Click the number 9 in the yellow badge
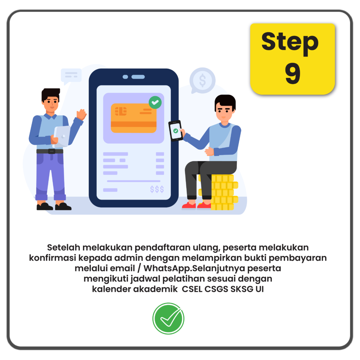click(x=293, y=73)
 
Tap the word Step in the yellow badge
click(x=290, y=43)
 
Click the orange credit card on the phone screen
click(x=134, y=118)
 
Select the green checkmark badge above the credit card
click(x=155, y=102)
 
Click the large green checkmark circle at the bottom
click(x=168, y=319)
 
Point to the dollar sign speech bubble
click(x=202, y=81)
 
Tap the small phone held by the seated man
click(x=176, y=131)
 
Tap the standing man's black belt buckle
click(x=51, y=151)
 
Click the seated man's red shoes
click(x=196, y=206)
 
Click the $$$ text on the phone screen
click(x=157, y=189)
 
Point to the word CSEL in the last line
click(x=192, y=289)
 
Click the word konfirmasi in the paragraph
click(x=52, y=258)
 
